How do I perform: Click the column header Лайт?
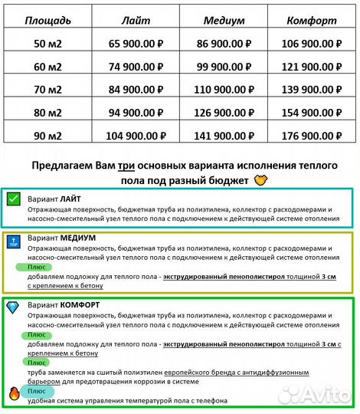(x=136, y=19)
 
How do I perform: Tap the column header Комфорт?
(x=311, y=19)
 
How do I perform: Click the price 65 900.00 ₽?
(x=136, y=44)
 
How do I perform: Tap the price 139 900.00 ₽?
(x=311, y=90)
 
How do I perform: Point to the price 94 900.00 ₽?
(x=136, y=113)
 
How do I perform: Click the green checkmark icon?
(x=13, y=199)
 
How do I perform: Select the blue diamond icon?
(x=13, y=306)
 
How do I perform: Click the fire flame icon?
(x=13, y=395)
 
